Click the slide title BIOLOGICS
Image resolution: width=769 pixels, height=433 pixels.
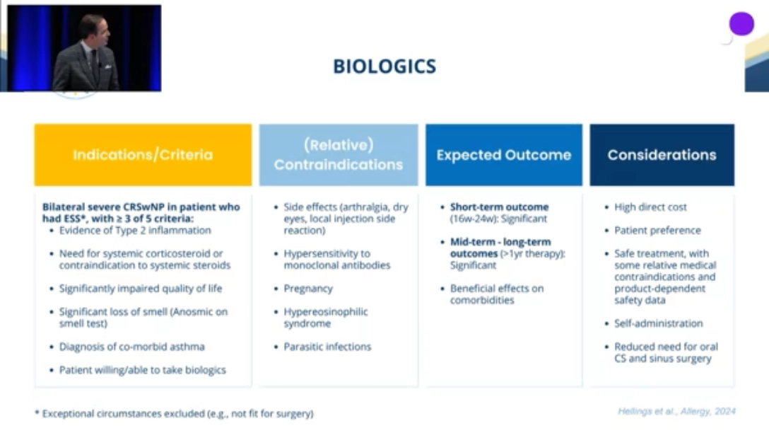coord(384,67)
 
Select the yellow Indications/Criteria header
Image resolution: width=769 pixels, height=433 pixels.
coord(143,155)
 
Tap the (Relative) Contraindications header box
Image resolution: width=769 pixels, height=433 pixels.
coord(339,155)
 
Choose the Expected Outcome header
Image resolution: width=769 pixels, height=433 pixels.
coord(504,155)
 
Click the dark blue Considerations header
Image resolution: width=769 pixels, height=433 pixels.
coord(662,155)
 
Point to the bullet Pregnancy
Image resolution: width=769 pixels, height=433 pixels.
coord(308,289)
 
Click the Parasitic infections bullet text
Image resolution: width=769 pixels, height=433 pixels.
coord(328,347)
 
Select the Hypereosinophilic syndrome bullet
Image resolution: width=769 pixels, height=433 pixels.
coord(326,318)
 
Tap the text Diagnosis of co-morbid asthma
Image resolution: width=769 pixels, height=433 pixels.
coord(132,347)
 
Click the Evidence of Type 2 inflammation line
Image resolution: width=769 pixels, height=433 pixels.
coord(135,230)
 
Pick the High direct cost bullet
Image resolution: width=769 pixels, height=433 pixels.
coord(650,207)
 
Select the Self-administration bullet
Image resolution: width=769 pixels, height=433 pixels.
coord(658,323)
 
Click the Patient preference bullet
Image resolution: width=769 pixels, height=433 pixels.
coord(657,230)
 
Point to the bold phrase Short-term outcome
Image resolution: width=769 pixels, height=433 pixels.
coord(499,207)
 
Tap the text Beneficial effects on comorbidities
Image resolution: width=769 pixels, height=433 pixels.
coord(497,294)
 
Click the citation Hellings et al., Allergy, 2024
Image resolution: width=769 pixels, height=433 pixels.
coord(676,411)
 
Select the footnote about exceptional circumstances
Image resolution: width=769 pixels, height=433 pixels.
coord(174,414)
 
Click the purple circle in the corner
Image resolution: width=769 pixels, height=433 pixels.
coord(741,23)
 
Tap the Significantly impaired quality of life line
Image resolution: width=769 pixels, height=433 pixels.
coord(140,289)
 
